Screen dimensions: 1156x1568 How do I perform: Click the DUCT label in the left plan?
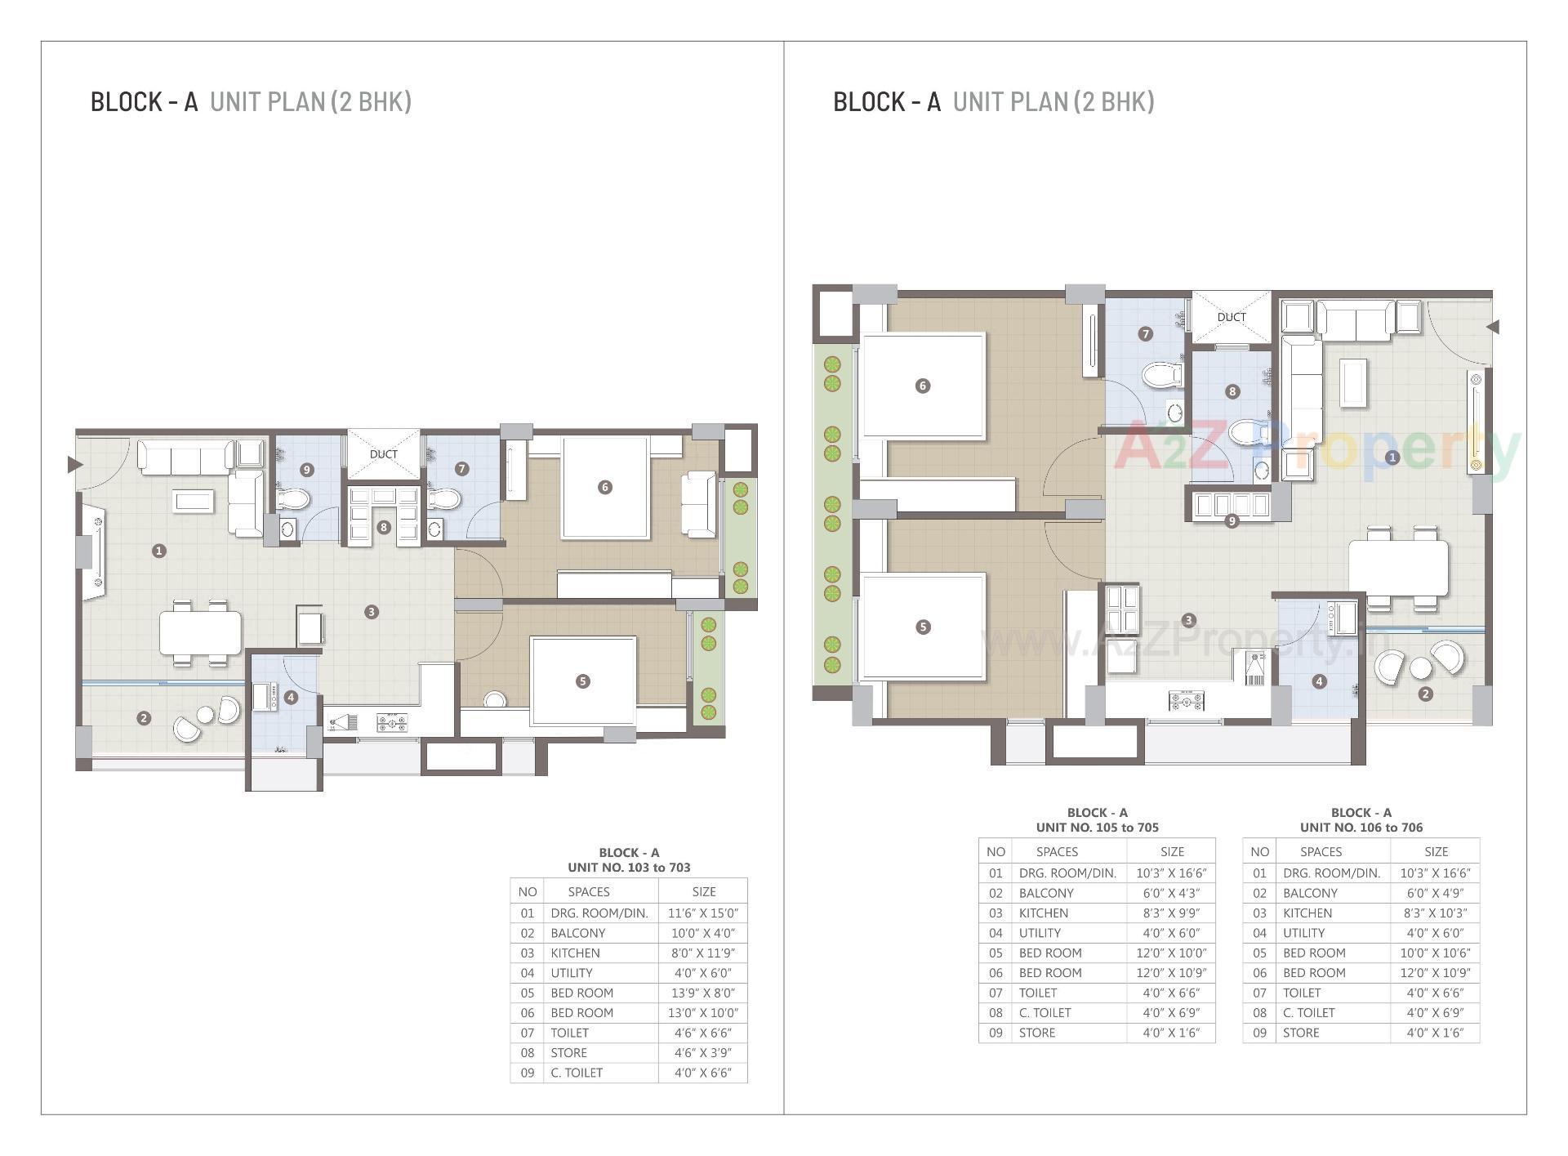point(383,454)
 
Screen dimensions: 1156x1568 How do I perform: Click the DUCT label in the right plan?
point(1232,317)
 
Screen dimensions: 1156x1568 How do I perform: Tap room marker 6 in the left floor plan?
point(604,487)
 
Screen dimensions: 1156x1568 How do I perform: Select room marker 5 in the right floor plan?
point(923,627)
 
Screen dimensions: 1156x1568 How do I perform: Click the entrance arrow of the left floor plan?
point(74,465)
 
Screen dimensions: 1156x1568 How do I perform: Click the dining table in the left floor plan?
point(201,632)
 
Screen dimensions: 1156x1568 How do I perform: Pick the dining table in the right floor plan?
point(1398,568)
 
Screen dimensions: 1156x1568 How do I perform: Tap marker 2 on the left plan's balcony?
point(144,718)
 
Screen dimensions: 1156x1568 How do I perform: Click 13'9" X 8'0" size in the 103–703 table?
point(702,993)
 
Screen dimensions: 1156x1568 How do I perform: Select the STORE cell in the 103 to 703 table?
point(568,1052)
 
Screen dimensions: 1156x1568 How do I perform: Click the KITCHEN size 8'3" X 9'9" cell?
point(1170,913)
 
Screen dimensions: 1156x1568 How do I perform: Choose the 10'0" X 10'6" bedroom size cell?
point(1435,953)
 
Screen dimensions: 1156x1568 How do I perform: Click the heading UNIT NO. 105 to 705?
point(1097,827)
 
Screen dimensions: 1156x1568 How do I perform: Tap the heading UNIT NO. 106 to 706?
point(1361,827)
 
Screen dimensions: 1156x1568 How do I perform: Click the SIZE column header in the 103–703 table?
point(703,891)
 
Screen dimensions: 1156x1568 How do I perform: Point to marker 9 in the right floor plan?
point(1232,521)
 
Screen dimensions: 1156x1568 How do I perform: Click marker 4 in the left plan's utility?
point(291,697)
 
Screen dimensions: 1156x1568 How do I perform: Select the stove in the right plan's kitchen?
point(1187,699)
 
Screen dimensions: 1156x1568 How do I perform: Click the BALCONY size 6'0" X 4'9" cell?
point(1435,893)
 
